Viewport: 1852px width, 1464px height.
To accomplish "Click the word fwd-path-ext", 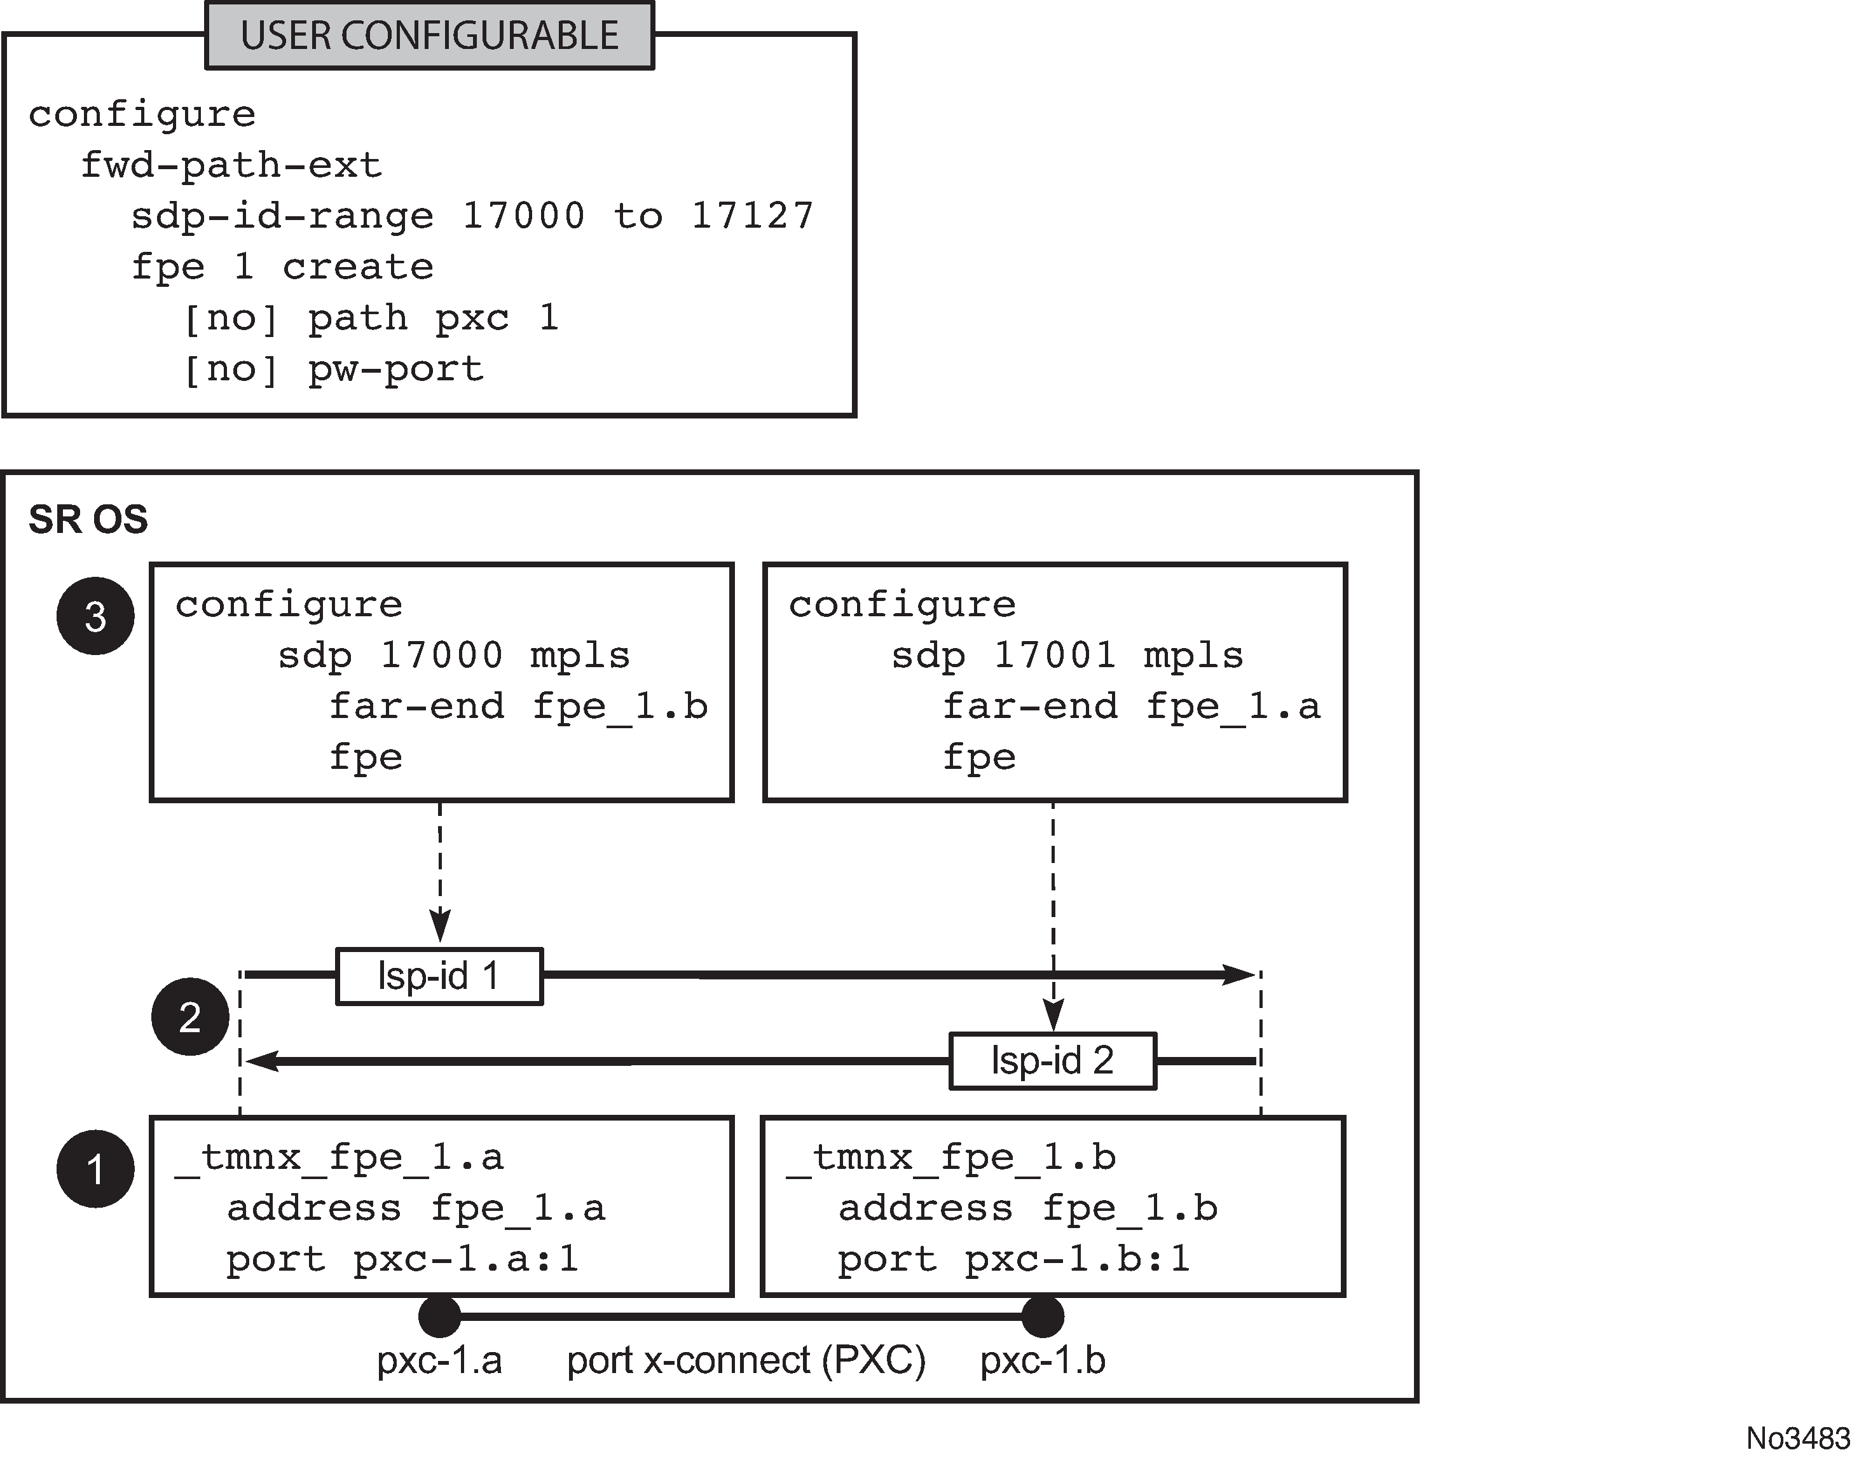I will pos(231,165).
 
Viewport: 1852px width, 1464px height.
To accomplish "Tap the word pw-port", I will pos(396,369).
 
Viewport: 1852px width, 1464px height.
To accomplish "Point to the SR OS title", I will pos(88,520).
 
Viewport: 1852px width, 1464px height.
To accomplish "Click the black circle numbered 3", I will pos(95,616).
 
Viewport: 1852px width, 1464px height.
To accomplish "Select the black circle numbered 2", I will pos(189,1016).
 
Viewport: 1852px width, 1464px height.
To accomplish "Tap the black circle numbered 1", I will pos(95,1169).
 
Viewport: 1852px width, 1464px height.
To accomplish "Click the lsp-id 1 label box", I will pos(439,976).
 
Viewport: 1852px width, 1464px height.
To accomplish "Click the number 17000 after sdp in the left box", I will pos(441,656).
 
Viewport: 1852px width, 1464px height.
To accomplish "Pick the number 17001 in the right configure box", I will pos(1055,656).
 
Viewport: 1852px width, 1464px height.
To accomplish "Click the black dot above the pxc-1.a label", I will pos(440,1316).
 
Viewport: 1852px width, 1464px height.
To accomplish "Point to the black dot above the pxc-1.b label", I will pos(1042,1316).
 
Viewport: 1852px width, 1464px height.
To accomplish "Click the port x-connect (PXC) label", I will pos(746,1361).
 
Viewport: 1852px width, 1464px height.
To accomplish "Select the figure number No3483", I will pos(1797,1437).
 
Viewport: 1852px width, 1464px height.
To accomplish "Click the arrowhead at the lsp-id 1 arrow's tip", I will pos(1240,974).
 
